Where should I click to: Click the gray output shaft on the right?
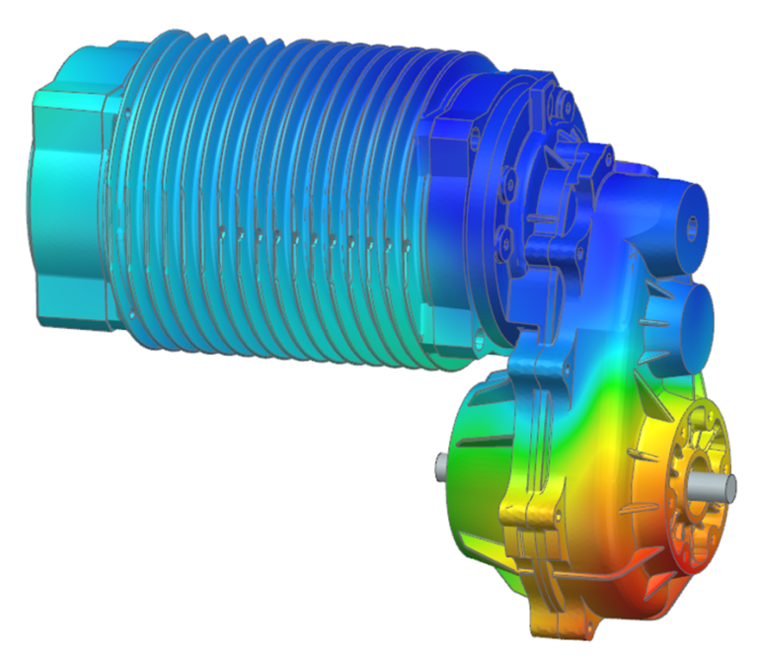(720, 484)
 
